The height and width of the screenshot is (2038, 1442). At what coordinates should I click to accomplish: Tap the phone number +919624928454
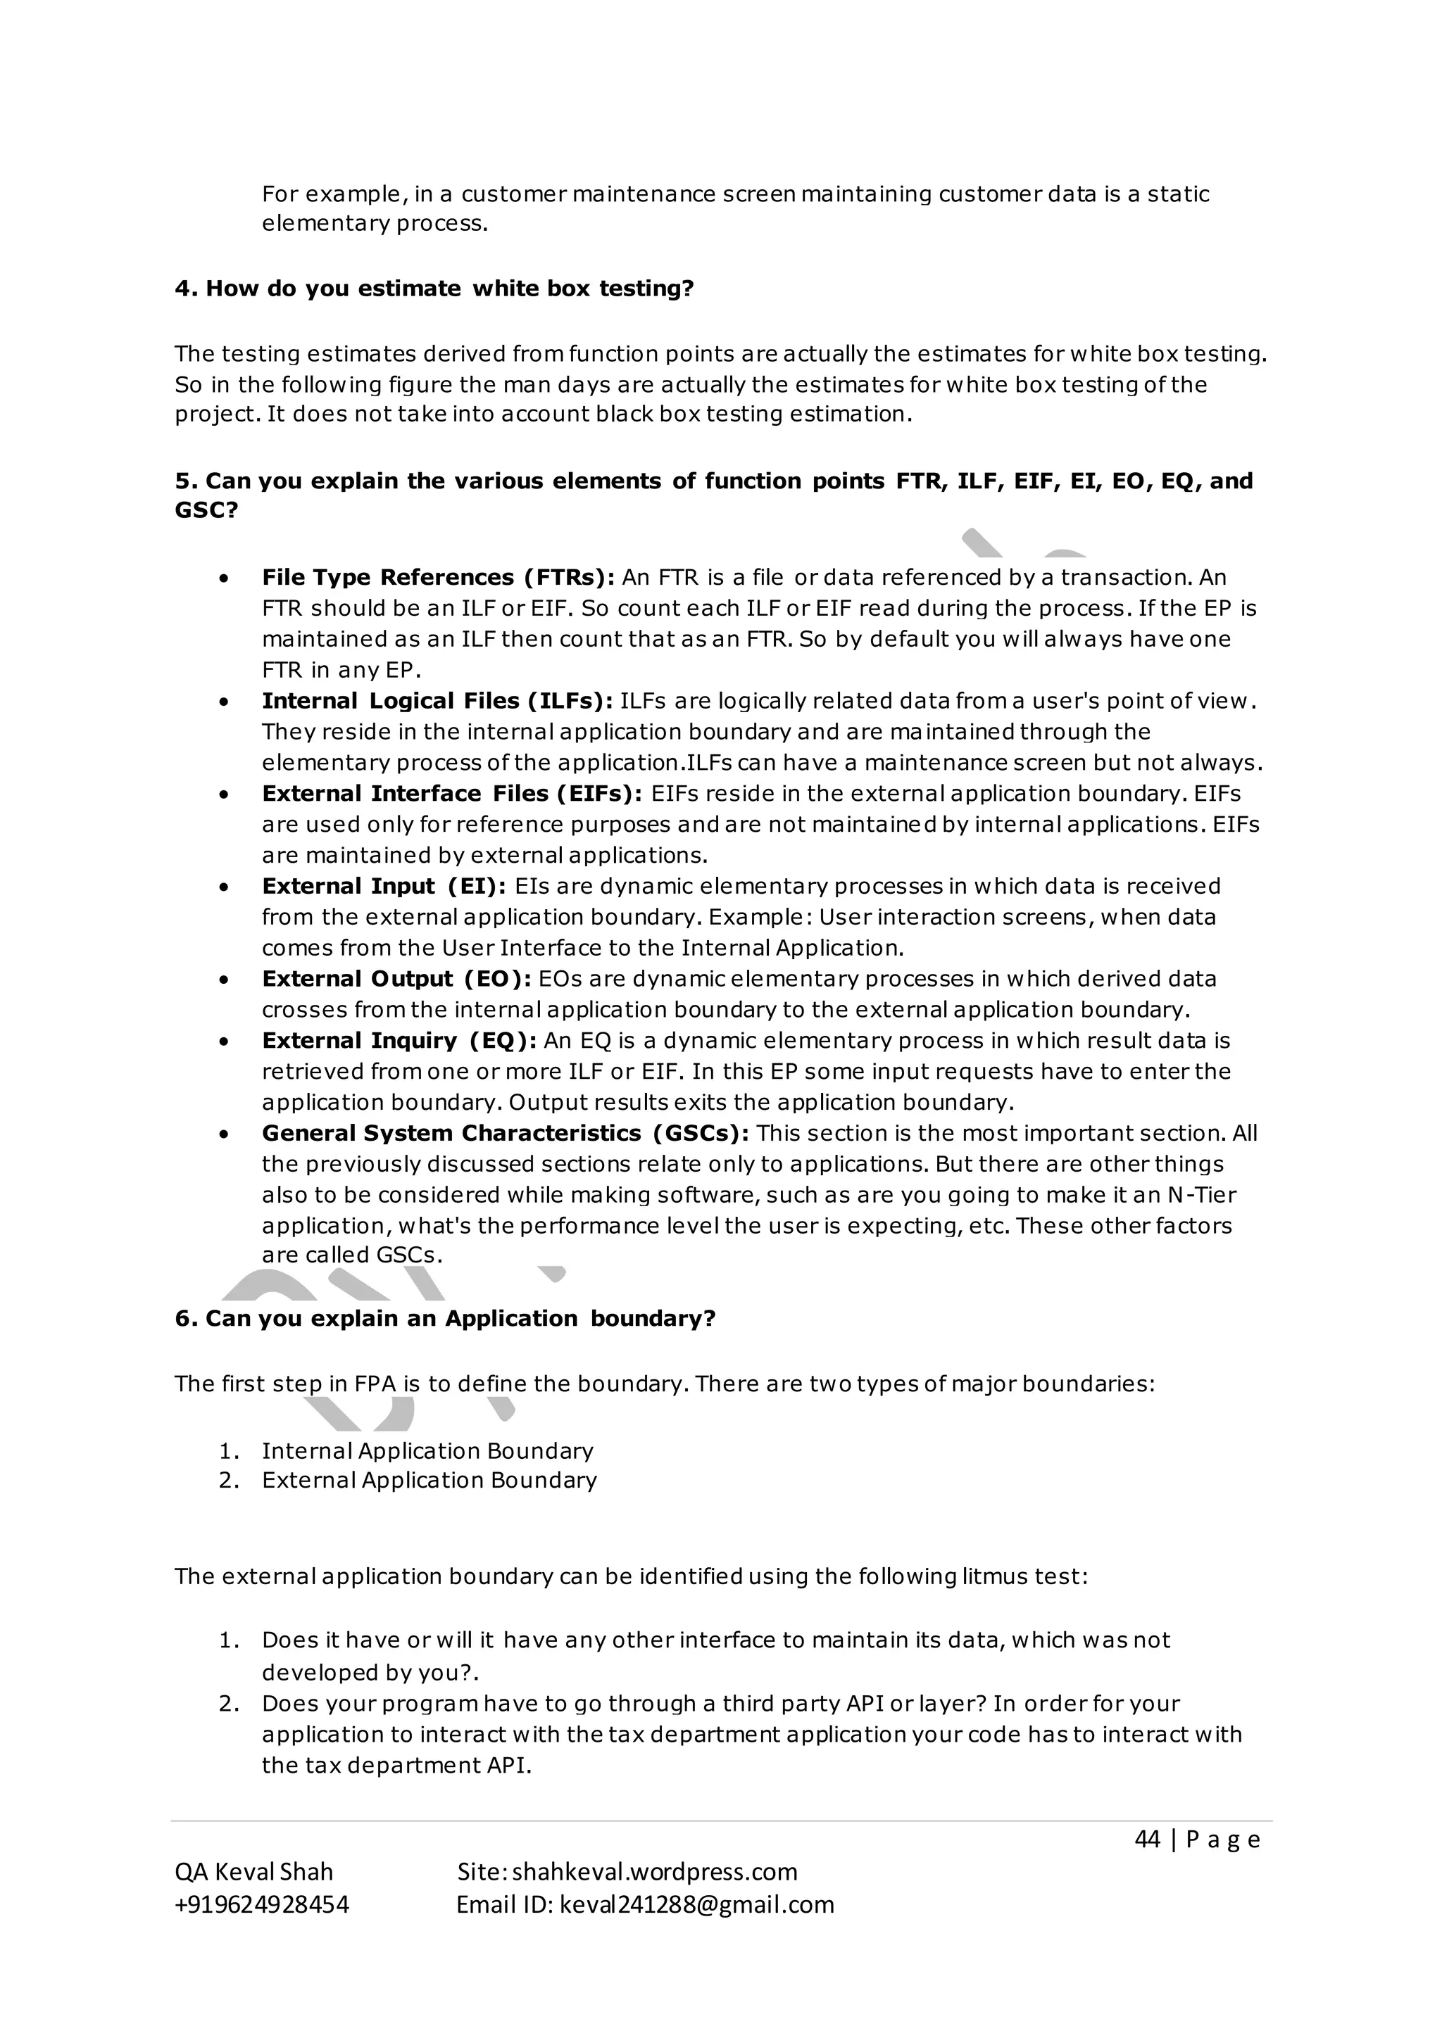[262, 1905]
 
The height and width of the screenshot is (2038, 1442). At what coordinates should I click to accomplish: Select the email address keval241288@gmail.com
[697, 1905]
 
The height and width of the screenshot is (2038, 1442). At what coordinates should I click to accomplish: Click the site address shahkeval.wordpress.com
[654, 1872]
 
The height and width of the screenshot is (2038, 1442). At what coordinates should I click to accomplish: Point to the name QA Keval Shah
[254, 1872]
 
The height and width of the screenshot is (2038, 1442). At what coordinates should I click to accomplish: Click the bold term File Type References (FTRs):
[438, 578]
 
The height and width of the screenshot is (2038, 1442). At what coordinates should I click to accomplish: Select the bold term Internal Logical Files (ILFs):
[437, 701]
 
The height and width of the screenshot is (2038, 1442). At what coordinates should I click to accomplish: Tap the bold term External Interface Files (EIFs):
[452, 794]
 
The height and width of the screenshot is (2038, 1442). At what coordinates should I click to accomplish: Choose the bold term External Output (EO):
[396, 979]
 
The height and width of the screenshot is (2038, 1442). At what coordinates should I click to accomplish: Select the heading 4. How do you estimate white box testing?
[434, 289]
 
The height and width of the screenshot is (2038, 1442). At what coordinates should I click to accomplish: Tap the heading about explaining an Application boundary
[445, 1319]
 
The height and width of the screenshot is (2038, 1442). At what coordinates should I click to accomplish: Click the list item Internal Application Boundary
[427, 1451]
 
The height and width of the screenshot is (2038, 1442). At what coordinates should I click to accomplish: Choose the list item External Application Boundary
[429, 1481]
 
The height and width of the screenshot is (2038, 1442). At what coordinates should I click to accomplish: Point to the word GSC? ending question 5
[206, 512]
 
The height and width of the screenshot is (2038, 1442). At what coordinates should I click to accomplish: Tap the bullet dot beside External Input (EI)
[225, 887]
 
